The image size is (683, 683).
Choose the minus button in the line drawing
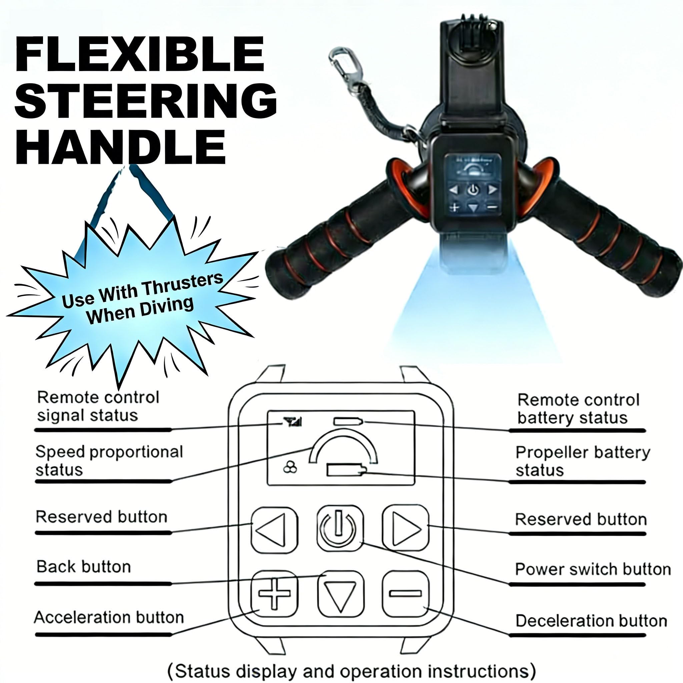pyautogui.click(x=406, y=593)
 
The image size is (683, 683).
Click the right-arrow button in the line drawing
pyautogui.click(x=406, y=528)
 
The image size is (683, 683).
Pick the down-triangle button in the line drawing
pyautogui.click(x=340, y=594)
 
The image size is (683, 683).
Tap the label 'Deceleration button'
pyautogui.click(x=591, y=621)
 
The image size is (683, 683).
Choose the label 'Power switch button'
pyautogui.click(x=593, y=569)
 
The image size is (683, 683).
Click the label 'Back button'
pyautogui.click(x=84, y=567)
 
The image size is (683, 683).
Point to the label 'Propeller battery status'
pyautogui.click(x=583, y=461)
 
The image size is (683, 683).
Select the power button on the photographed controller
pyautogui.click(x=473, y=190)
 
